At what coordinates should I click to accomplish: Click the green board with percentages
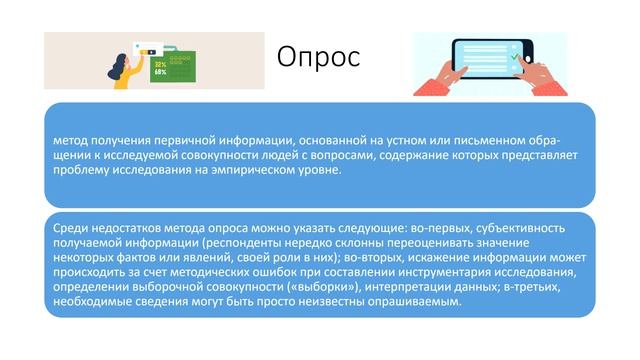163,67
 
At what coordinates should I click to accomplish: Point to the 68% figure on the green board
161,73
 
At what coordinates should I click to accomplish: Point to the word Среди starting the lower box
73,227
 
